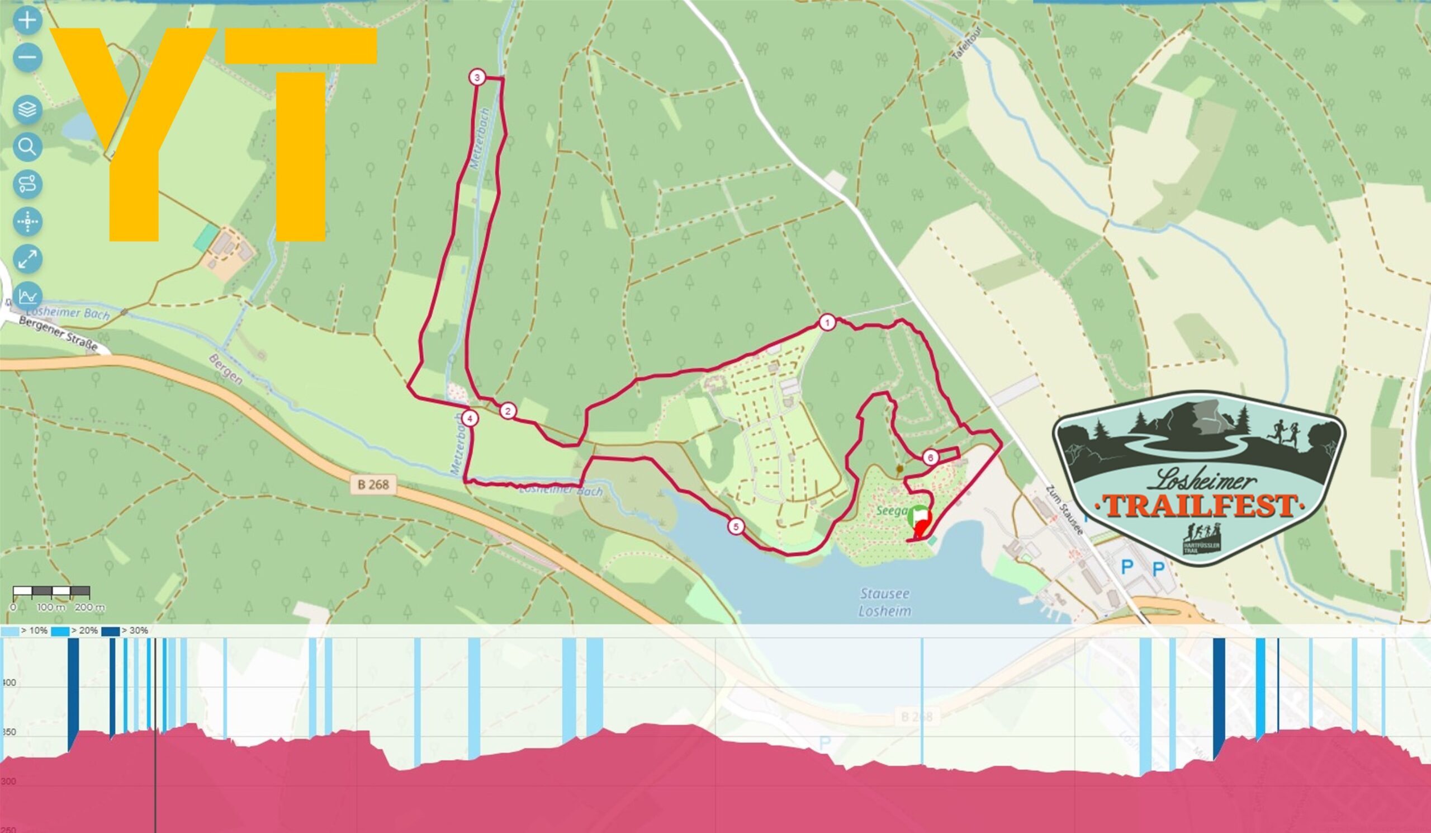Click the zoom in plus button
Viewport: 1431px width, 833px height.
click(27, 21)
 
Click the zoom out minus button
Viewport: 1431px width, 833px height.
click(27, 57)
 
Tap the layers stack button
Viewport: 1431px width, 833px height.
click(27, 109)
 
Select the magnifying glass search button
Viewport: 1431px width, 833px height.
click(27, 147)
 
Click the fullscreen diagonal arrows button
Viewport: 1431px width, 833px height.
click(27, 259)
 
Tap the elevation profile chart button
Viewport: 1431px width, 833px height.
click(27, 296)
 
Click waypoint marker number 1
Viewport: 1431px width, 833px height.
click(827, 323)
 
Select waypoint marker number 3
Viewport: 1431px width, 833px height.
click(476, 77)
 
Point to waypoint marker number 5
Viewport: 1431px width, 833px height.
click(736, 527)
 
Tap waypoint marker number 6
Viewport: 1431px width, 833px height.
click(930, 458)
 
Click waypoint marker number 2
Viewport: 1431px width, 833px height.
click(508, 411)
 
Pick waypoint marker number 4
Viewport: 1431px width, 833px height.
click(470, 418)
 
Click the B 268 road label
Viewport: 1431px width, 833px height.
click(373, 484)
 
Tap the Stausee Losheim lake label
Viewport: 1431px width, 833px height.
click(885, 603)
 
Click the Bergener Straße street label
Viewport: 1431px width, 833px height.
click(58, 333)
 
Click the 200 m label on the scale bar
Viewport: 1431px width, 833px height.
click(90, 608)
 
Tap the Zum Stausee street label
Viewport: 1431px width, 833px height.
click(1064, 510)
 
